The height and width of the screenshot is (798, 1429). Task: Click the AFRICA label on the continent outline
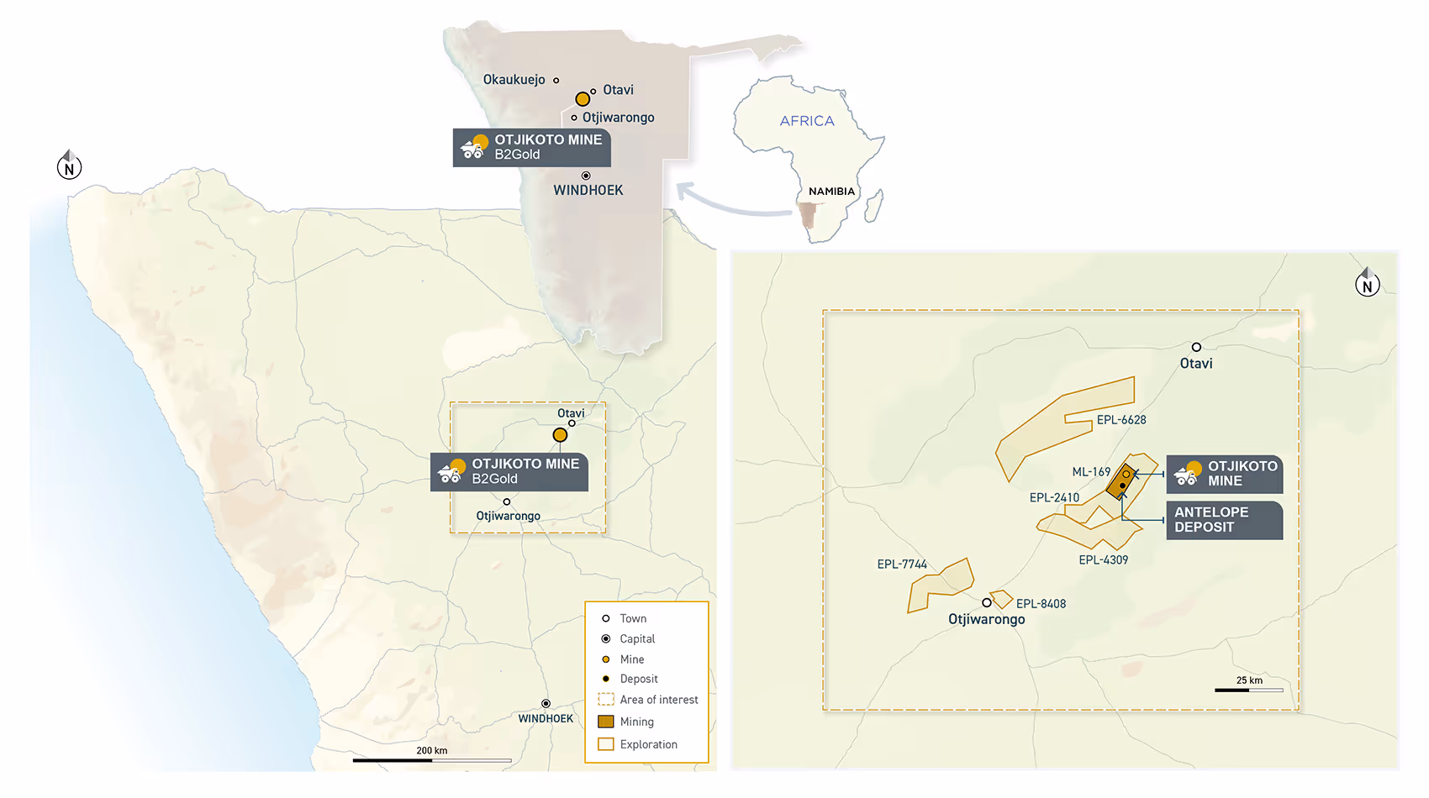click(807, 121)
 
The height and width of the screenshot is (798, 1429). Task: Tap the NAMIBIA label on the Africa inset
click(831, 192)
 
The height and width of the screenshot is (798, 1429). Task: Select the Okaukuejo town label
click(514, 80)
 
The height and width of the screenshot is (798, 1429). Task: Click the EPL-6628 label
click(1121, 420)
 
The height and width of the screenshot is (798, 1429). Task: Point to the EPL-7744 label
click(902, 564)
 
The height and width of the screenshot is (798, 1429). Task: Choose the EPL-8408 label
click(1041, 604)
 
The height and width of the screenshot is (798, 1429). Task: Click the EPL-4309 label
click(1104, 560)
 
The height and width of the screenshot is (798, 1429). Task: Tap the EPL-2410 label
click(1054, 498)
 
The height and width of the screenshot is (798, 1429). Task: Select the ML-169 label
click(1091, 472)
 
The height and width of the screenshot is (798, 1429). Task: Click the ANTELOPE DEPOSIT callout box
click(1224, 520)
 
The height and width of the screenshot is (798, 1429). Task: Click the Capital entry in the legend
click(636, 639)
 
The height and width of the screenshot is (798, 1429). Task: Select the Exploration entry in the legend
click(647, 744)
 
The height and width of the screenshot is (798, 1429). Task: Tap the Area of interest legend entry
click(658, 700)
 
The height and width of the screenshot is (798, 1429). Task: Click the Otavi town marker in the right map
click(1196, 347)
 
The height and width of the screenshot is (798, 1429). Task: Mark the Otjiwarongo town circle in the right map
click(987, 602)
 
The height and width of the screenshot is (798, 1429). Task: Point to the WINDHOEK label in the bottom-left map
click(546, 719)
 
